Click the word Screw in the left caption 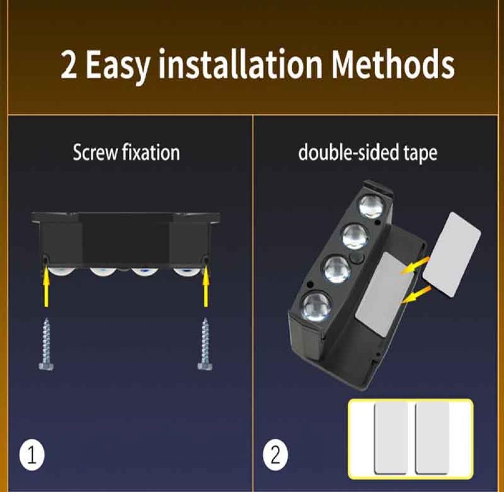pyautogui.click(x=95, y=152)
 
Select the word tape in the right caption pyautogui.click(x=420, y=153)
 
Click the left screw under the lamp pyautogui.click(x=46, y=344)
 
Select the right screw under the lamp pyautogui.click(x=205, y=344)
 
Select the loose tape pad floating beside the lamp pyautogui.click(x=451, y=254)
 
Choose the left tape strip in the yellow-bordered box pyautogui.click(x=391, y=438)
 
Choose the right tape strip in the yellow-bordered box pyautogui.click(x=432, y=438)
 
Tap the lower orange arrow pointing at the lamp pyautogui.click(x=417, y=295)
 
